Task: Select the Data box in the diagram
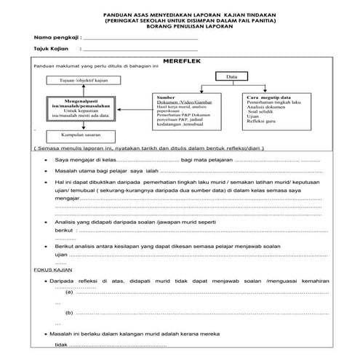(x=232, y=76)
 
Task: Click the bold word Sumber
(x=166, y=97)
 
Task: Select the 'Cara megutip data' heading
(x=270, y=97)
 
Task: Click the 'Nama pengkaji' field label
(x=55, y=36)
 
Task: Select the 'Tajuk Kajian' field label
(x=52, y=49)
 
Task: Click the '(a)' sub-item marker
(x=69, y=291)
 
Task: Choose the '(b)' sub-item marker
(x=69, y=313)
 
